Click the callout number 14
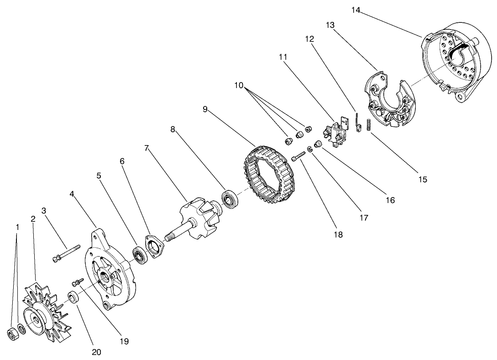[x=356, y=10]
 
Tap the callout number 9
[x=205, y=110]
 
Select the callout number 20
[x=96, y=352]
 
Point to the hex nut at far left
[x=12, y=333]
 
